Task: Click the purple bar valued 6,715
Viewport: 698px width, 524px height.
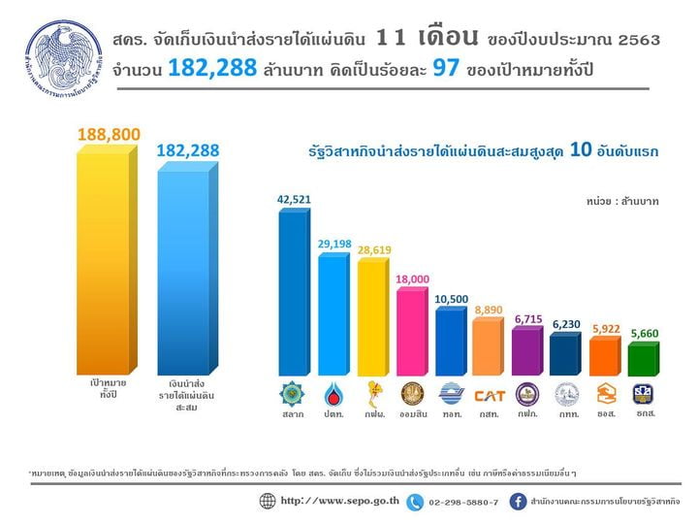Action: (x=526, y=351)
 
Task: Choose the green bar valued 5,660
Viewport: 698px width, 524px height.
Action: (x=642, y=359)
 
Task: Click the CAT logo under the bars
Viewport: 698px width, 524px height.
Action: (x=490, y=395)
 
